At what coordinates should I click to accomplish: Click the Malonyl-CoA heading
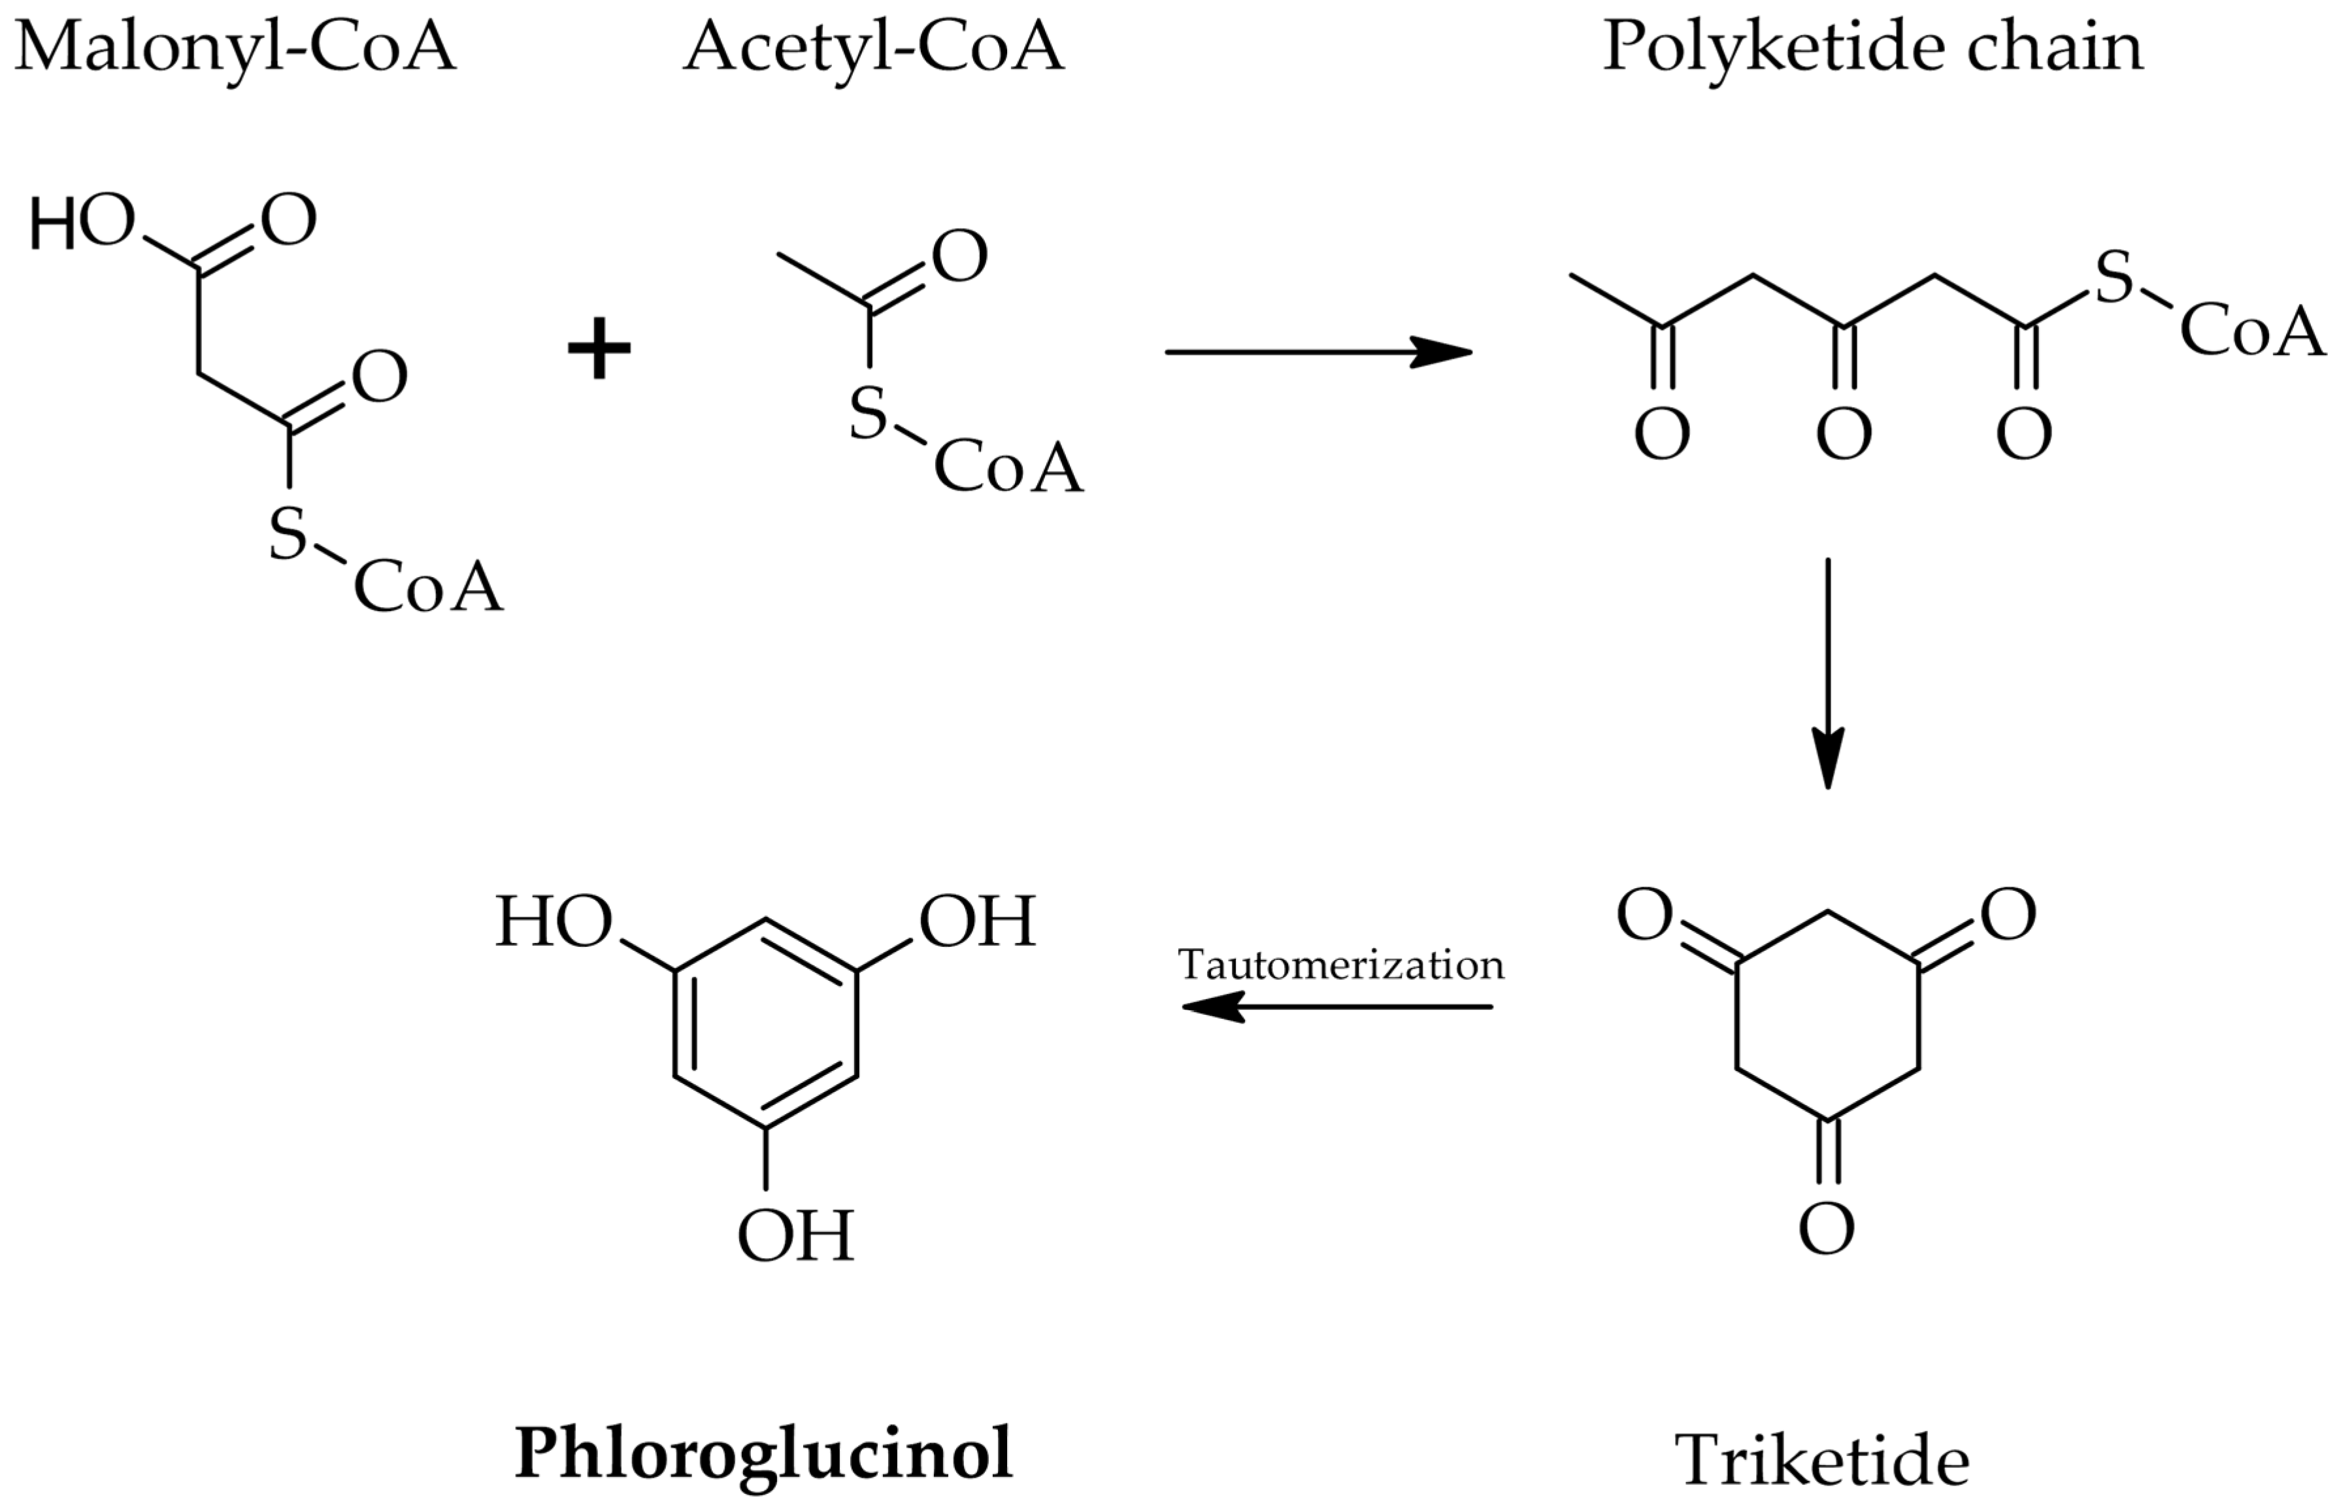pyautogui.click(x=235, y=47)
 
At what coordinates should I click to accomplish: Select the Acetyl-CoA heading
pyautogui.click(x=873, y=47)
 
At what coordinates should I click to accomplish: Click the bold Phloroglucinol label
pyautogui.click(x=763, y=1452)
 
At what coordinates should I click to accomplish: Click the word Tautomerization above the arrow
pyautogui.click(x=1341, y=965)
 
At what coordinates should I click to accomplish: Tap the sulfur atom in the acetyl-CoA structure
pyautogui.click(x=867, y=413)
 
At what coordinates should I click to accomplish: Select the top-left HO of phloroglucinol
pyautogui.click(x=554, y=922)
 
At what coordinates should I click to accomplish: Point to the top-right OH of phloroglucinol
pyautogui.click(x=976, y=922)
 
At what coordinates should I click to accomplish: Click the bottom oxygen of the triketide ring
pyautogui.click(x=1826, y=1229)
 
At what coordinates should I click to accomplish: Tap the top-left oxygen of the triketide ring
pyautogui.click(x=1644, y=915)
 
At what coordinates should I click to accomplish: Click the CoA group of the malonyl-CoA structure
pyautogui.click(x=427, y=587)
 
